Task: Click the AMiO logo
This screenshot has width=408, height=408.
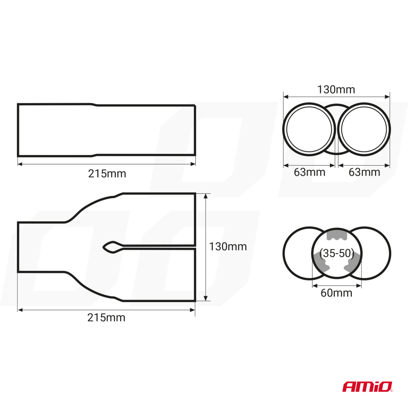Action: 367,387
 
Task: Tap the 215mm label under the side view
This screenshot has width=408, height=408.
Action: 107,174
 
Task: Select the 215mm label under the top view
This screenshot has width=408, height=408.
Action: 106,318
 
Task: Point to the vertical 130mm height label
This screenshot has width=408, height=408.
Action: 228,247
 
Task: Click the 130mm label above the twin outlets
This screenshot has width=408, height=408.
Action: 336,90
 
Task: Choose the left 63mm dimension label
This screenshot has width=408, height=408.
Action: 309,172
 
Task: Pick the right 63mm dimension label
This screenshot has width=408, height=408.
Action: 364,172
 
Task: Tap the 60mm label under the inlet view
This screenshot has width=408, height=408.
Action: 336,293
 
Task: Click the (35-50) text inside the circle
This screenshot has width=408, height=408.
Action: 337,253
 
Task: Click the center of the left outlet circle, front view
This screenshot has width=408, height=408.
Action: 309,130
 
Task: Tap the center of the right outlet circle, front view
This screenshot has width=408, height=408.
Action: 364,130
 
